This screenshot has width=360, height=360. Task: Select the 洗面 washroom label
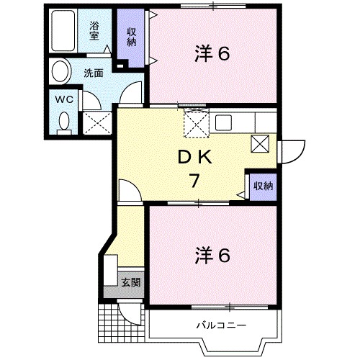point(92,73)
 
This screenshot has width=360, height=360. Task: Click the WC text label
point(63,99)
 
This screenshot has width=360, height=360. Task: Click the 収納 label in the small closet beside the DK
point(262,186)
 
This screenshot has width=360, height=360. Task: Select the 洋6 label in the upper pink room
point(212,53)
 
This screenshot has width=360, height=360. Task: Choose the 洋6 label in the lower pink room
point(212,255)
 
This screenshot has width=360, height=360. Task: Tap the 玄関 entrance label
point(130,282)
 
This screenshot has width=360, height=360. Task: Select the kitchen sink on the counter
point(222,121)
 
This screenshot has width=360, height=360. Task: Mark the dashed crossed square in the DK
point(195,124)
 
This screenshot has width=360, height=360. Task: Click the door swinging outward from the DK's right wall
point(289,149)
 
